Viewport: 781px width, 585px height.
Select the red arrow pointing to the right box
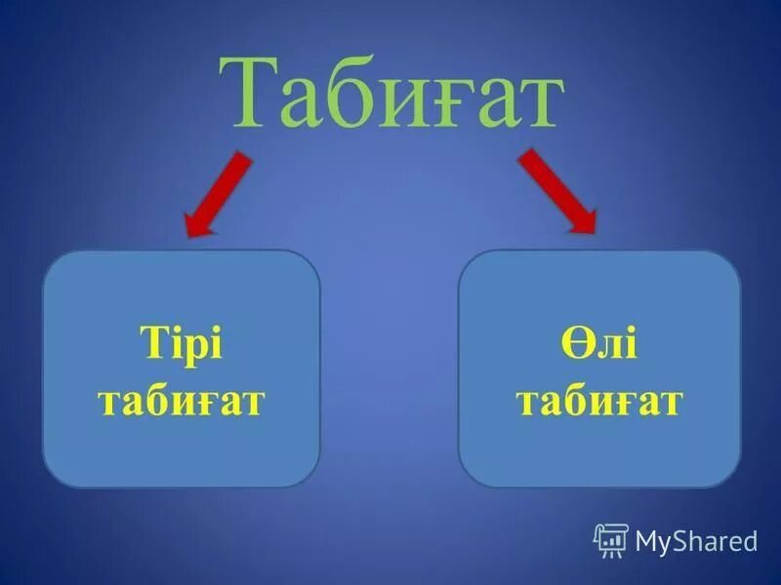click(x=556, y=190)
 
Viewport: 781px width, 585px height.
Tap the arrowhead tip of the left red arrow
click(x=188, y=235)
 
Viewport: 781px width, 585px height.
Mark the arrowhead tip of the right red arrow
click(x=594, y=232)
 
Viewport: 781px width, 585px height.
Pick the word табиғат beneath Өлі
click(x=598, y=401)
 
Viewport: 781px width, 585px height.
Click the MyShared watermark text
click(x=696, y=540)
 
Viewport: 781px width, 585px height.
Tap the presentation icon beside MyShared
click(x=610, y=540)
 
